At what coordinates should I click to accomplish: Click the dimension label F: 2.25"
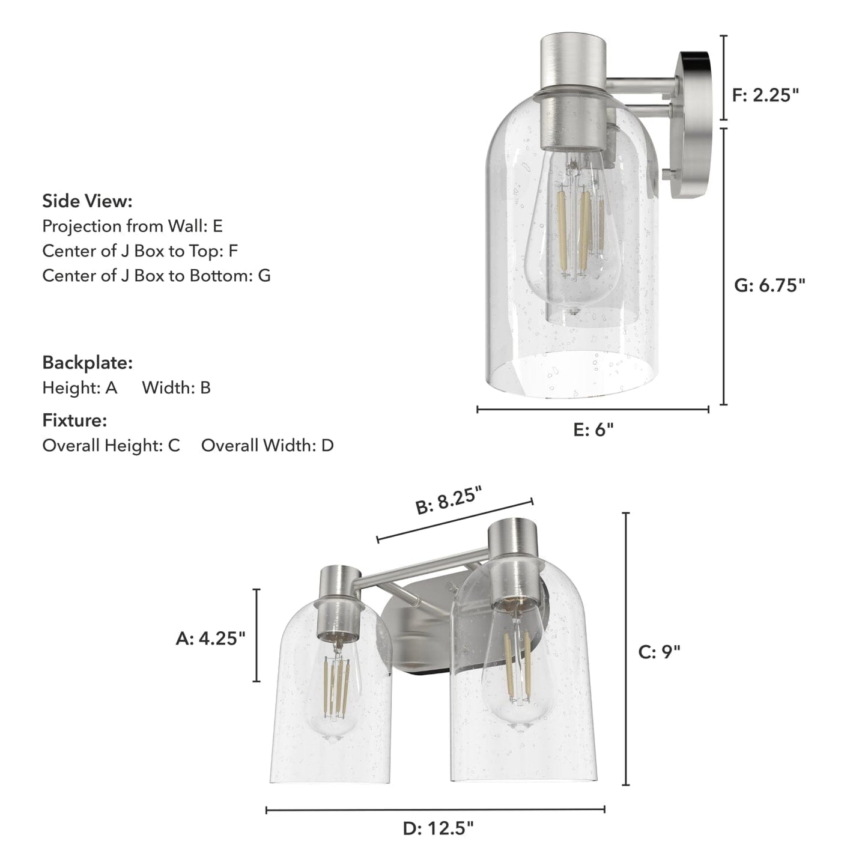pyautogui.click(x=766, y=95)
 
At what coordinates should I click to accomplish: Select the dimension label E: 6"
pyautogui.click(x=593, y=429)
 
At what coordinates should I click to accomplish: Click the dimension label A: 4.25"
pyautogui.click(x=210, y=638)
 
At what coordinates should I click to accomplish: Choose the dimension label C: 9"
pyautogui.click(x=659, y=652)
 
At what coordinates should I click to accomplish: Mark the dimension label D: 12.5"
pyautogui.click(x=438, y=829)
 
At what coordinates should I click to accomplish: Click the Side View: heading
pyautogui.click(x=87, y=201)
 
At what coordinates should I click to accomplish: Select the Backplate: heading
pyautogui.click(x=87, y=363)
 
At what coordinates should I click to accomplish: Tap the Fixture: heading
pyautogui.click(x=74, y=420)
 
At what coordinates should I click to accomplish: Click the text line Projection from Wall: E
pyautogui.click(x=132, y=226)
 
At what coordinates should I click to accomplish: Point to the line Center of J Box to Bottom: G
pyautogui.click(x=156, y=276)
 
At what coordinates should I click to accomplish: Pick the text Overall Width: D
pyautogui.click(x=267, y=446)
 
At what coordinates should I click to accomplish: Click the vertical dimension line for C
pyautogui.click(x=626, y=649)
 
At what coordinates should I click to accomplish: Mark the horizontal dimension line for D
pyautogui.click(x=435, y=810)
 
